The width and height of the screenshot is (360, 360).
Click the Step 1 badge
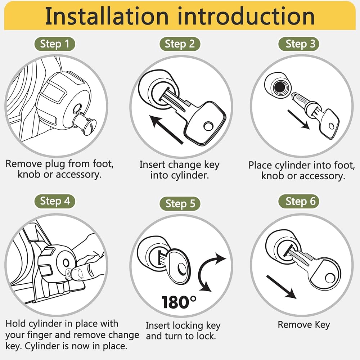pyautogui.click(x=55, y=44)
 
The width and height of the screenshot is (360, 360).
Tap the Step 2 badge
pyautogui.click(x=180, y=44)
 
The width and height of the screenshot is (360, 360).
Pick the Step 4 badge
pyautogui.click(x=55, y=201)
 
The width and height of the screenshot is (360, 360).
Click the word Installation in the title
pyautogui.click(x=107, y=16)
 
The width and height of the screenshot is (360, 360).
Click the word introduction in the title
pyautogui.click(x=246, y=16)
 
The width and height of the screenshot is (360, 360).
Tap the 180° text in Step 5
pyautogui.click(x=179, y=302)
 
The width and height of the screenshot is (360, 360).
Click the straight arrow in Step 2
pyautogui.click(x=166, y=130)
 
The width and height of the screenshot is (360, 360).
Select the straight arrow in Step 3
pyautogui.click(x=298, y=120)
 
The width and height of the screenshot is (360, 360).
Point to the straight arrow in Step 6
pyautogui.click(x=281, y=287)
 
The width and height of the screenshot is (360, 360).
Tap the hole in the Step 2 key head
pyautogui.click(x=208, y=126)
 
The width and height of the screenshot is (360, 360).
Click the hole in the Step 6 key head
pyautogui.click(x=330, y=278)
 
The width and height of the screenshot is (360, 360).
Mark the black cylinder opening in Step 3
pyautogui.click(x=279, y=87)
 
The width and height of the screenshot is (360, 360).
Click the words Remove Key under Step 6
pyautogui.click(x=303, y=325)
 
